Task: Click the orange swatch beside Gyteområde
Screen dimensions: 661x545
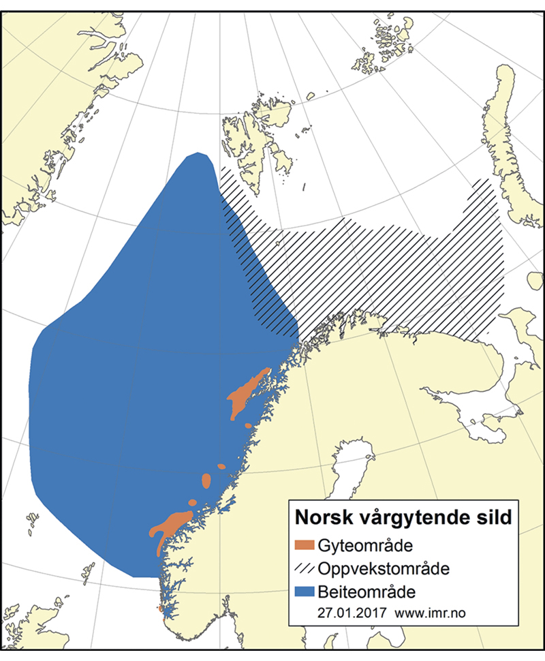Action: click(x=307, y=545)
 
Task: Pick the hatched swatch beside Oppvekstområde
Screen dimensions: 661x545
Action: click(x=307, y=567)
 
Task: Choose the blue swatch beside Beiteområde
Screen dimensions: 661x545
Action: click(x=307, y=589)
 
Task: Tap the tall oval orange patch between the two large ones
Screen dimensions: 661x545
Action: click(x=206, y=481)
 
